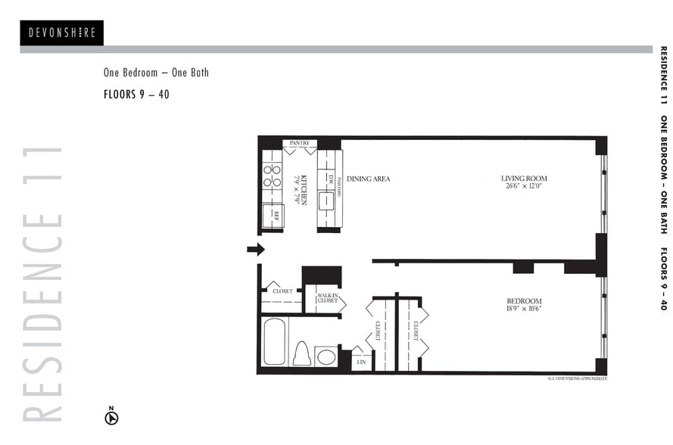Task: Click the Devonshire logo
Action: (61, 33)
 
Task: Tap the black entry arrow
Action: (256, 249)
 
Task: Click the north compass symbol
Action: (111, 416)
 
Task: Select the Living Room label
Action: (523, 179)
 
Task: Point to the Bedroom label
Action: (524, 300)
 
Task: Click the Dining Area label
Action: (368, 179)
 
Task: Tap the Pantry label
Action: (299, 142)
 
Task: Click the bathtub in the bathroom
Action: (275, 341)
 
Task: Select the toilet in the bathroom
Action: (301, 353)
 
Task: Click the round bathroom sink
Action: (326, 356)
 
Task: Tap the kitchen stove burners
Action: (272, 176)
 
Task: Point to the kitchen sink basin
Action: (326, 201)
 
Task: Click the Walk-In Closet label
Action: (327, 298)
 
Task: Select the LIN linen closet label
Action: (361, 363)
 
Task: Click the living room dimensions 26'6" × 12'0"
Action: (523, 187)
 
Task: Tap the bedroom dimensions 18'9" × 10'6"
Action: (524, 309)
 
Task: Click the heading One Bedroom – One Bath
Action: (156, 73)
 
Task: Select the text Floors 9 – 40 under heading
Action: (136, 95)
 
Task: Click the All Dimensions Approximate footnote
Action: (576, 378)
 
